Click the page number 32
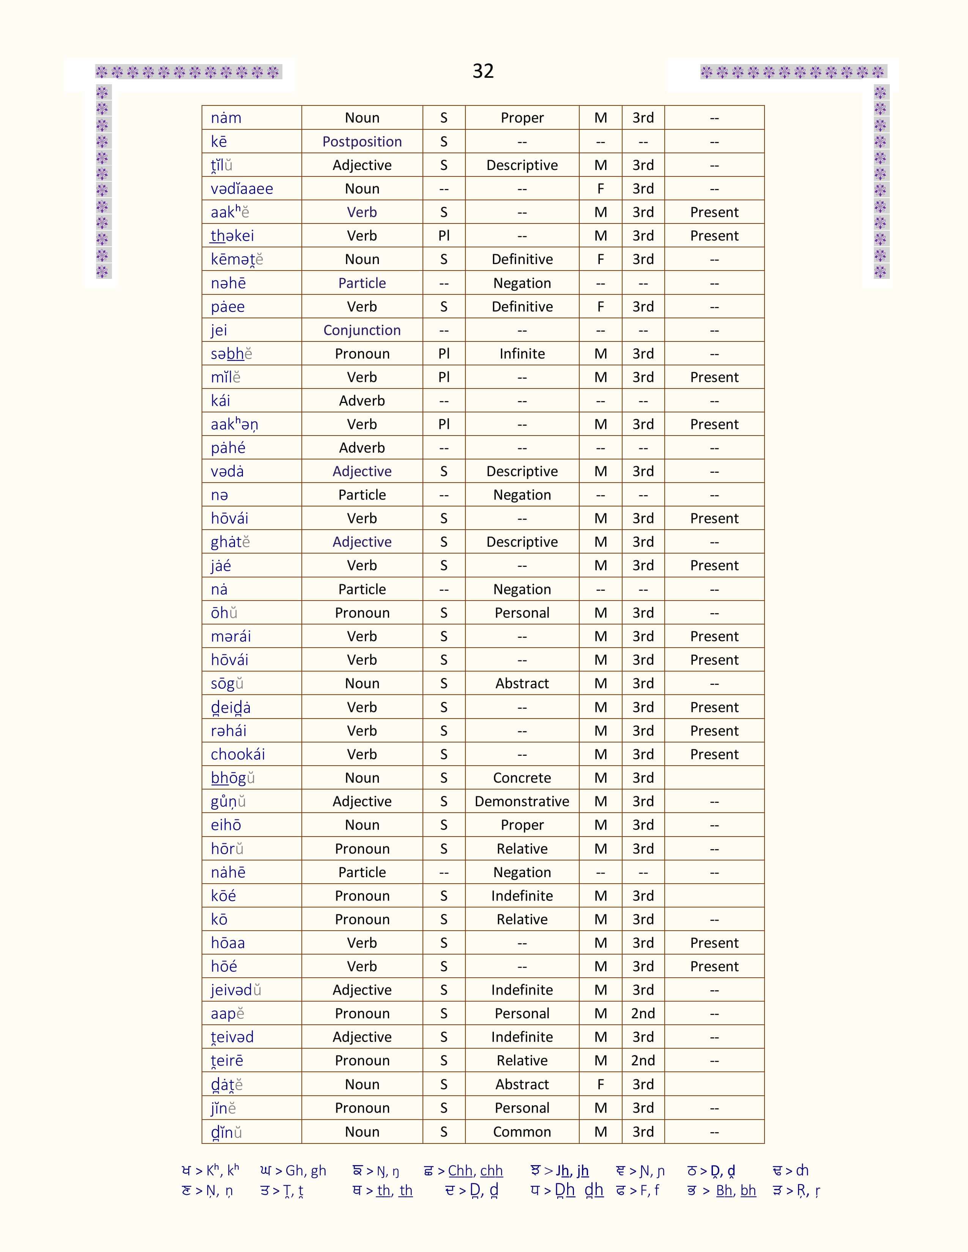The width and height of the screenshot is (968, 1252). (483, 71)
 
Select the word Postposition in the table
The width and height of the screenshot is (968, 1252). (362, 142)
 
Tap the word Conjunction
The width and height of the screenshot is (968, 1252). (362, 330)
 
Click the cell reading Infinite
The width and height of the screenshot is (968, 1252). (522, 354)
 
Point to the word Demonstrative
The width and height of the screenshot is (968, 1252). (522, 801)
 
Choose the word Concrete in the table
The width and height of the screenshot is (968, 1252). (522, 778)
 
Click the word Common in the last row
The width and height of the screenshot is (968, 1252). (522, 1132)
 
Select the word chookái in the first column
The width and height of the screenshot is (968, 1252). (237, 754)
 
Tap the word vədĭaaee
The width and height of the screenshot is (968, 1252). (241, 189)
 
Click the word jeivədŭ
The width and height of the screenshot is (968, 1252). (236, 990)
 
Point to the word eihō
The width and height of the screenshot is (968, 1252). (226, 825)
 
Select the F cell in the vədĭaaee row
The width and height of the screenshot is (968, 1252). (601, 189)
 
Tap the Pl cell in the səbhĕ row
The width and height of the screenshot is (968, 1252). (444, 354)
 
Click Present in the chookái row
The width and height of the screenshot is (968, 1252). (714, 754)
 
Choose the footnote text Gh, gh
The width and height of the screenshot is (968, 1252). (306, 1170)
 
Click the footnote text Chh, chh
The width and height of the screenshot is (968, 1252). (475, 1170)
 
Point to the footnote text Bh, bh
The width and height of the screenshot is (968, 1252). (736, 1191)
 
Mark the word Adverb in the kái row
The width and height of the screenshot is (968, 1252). (362, 401)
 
